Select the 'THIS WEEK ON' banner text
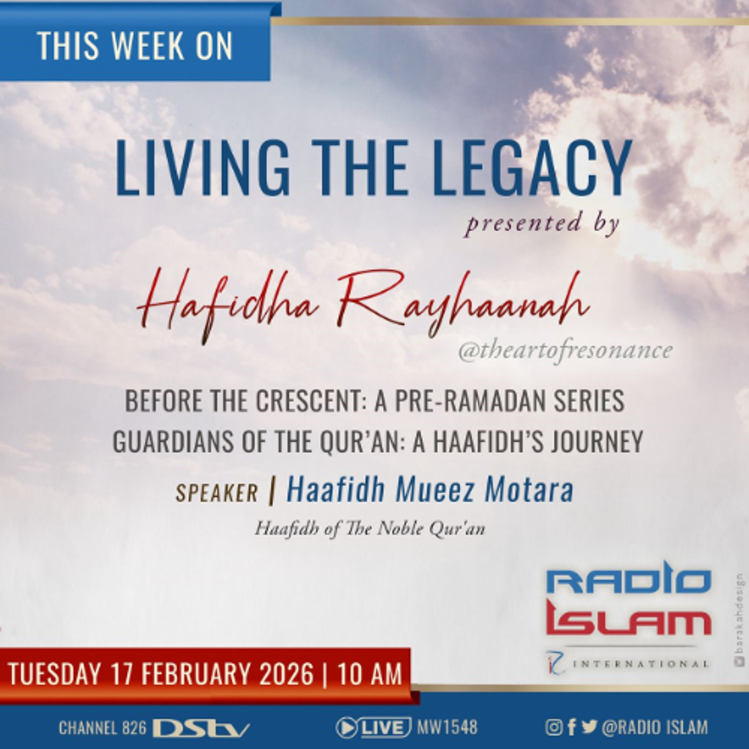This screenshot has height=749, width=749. point(135,46)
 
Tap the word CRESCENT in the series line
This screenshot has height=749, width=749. point(308,401)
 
